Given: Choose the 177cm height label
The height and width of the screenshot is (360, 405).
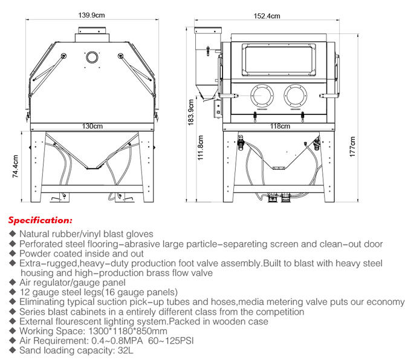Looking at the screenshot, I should coord(352,146).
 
